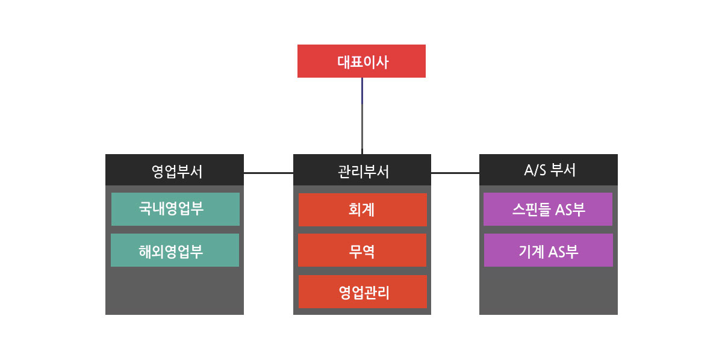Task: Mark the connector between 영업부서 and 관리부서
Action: click(x=269, y=173)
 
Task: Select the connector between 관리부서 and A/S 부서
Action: click(x=455, y=173)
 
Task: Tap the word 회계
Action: click(x=362, y=209)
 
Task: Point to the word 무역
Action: click(x=362, y=250)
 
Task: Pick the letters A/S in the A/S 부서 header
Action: click(x=533, y=170)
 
